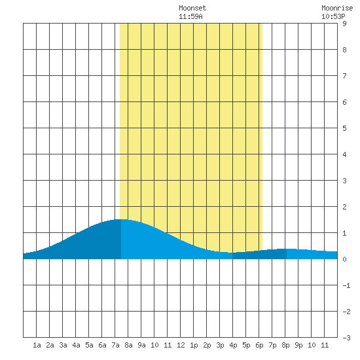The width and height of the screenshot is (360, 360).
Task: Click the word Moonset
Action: coord(192,8)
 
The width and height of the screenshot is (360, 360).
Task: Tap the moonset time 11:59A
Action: coord(190,16)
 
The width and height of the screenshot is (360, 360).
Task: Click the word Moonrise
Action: coord(337,8)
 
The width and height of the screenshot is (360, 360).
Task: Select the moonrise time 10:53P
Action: coord(333,16)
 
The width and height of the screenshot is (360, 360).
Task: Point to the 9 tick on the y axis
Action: coord(344,24)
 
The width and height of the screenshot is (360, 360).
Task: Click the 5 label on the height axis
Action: coord(344,128)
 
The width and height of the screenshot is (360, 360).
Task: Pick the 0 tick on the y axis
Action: coord(344,259)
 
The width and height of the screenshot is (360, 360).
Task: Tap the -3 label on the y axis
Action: coord(346,338)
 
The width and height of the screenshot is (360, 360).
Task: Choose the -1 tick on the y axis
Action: coord(346,285)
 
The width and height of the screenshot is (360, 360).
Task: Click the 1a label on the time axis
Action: coord(37,345)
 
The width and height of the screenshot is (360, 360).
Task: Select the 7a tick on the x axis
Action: coord(115,345)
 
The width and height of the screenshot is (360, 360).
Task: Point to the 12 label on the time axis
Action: coord(181,345)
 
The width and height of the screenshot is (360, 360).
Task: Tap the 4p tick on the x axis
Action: coord(233,345)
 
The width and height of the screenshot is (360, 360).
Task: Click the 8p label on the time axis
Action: coord(285,345)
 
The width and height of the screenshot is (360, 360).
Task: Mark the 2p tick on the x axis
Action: coord(207,345)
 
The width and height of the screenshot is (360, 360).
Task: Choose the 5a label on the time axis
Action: coord(89,345)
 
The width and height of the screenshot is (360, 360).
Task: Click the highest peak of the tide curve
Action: coord(121,219)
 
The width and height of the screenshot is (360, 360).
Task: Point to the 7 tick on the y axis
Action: coord(344,76)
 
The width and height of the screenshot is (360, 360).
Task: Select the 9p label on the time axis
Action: coord(298,345)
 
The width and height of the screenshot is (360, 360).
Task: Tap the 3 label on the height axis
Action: coord(344,181)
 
